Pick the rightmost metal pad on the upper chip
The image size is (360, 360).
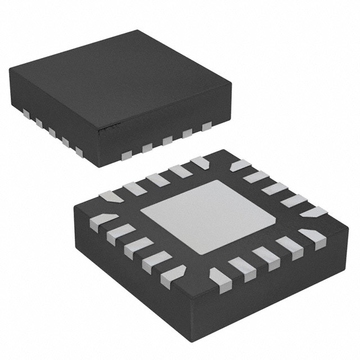206,125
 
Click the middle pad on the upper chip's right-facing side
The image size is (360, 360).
167,141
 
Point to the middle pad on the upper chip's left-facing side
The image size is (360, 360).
52,132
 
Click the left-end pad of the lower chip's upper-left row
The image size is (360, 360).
110,196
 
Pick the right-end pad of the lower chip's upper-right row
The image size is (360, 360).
312,212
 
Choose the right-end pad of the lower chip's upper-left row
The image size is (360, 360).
199,162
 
